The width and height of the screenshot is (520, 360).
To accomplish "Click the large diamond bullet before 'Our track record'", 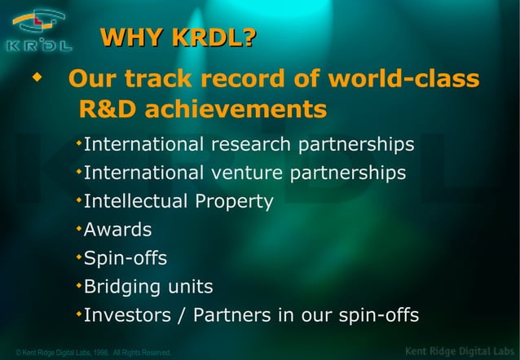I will coord(35,79).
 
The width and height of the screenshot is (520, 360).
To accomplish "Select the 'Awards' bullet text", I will coord(117,230).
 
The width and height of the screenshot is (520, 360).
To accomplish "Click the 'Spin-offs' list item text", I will coord(126,258).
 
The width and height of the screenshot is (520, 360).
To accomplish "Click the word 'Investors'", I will coord(126,314).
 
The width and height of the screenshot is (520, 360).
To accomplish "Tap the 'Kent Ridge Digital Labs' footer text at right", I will coord(460,351).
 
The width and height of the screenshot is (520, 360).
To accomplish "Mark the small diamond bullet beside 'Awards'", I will coord(78,228).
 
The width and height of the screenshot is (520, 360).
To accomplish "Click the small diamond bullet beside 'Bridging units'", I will coord(78,284).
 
